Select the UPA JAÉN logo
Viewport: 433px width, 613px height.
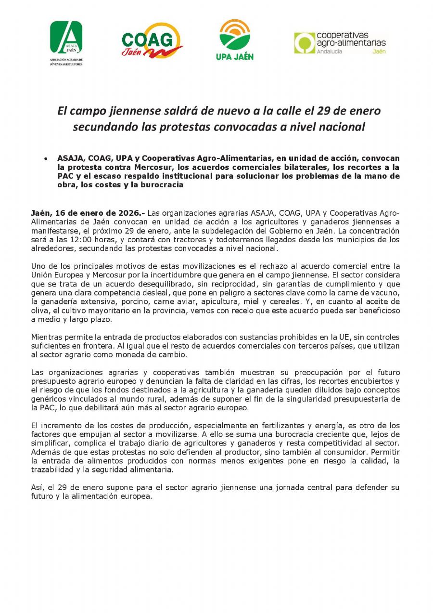(234, 39)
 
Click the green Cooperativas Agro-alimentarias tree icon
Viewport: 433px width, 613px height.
(305, 43)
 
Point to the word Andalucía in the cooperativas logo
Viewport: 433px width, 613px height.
(330, 52)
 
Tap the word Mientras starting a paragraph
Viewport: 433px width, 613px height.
(47, 337)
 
